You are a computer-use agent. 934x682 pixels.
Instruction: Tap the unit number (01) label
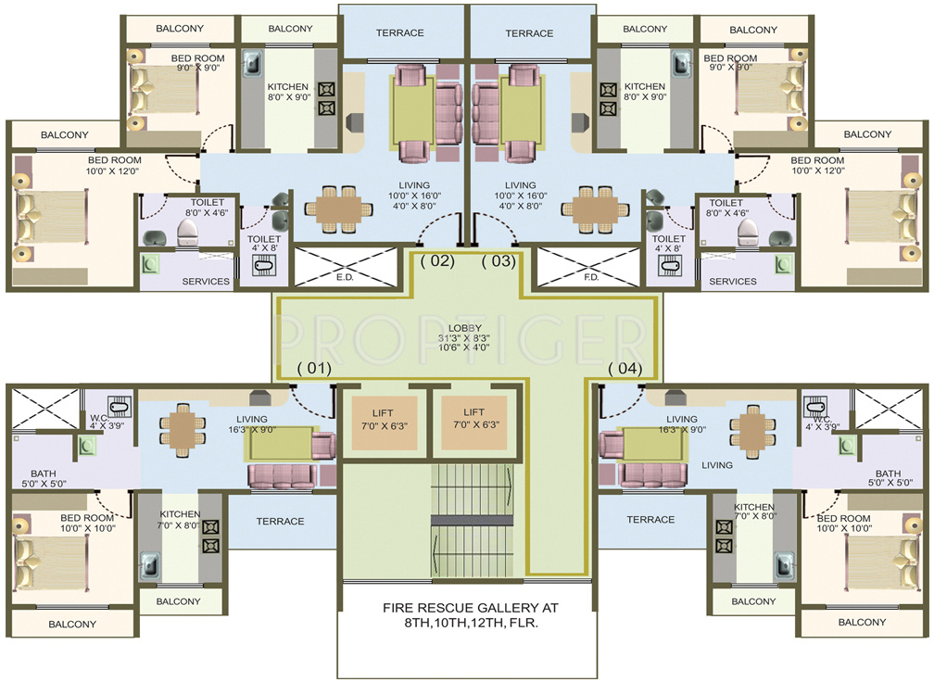point(313,369)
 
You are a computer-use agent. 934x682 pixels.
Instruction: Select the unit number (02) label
point(437,261)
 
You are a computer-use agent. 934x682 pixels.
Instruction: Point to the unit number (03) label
point(498,261)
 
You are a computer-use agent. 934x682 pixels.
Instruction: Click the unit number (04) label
point(625,369)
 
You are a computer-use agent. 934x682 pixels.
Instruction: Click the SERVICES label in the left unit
point(206,282)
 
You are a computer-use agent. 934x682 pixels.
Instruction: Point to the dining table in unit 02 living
point(334,208)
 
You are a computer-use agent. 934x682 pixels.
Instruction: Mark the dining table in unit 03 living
point(595,208)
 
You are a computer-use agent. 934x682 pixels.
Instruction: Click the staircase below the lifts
point(472,519)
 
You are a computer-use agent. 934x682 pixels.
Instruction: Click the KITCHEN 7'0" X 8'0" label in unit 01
point(180,520)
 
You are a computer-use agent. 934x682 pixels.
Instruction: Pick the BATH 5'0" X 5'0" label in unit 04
point(888,478)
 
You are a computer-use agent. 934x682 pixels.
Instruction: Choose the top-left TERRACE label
point(399,33)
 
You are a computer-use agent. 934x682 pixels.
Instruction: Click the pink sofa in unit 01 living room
point(281,475)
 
